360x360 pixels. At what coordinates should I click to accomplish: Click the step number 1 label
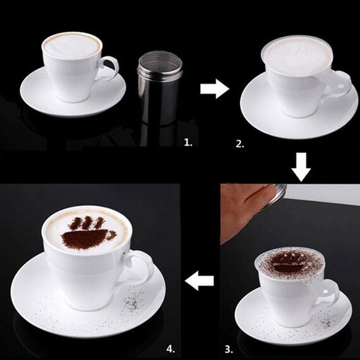click(188, 143)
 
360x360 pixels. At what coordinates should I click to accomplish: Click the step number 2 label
click(240, 144)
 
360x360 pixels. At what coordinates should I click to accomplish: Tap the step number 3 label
click(229, 349)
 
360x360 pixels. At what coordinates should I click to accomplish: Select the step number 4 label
click(171, 349)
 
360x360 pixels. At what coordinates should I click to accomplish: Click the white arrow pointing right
click(215, 89)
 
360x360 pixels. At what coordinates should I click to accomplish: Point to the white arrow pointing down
click(301, 167)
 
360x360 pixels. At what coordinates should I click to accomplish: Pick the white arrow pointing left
click(200, 280)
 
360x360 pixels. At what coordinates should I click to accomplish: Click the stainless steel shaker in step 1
click(160, 88)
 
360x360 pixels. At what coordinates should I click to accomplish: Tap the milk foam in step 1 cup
click(72, 45)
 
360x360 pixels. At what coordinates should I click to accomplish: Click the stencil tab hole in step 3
click(325, 292)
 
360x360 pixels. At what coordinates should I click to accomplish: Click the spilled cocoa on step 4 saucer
click(133, 301)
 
